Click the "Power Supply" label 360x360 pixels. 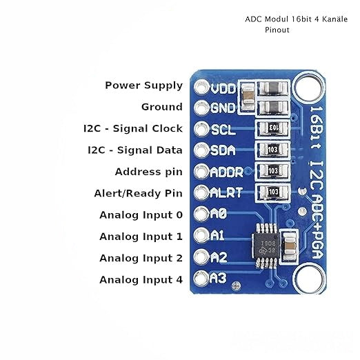coord(143,86)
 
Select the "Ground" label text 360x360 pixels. coord(162,107)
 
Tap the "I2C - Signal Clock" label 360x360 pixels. coord(132,128)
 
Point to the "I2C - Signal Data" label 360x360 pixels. coord(134,150)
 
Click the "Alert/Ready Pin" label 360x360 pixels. coord(138,193)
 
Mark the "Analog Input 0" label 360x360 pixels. coord(141,214)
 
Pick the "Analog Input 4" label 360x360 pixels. coord(141,279)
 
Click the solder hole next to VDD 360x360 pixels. coord(202,88)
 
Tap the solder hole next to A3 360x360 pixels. coord(202,279)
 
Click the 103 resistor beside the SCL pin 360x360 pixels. coord(272,128)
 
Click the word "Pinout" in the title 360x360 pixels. coord(277,30)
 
